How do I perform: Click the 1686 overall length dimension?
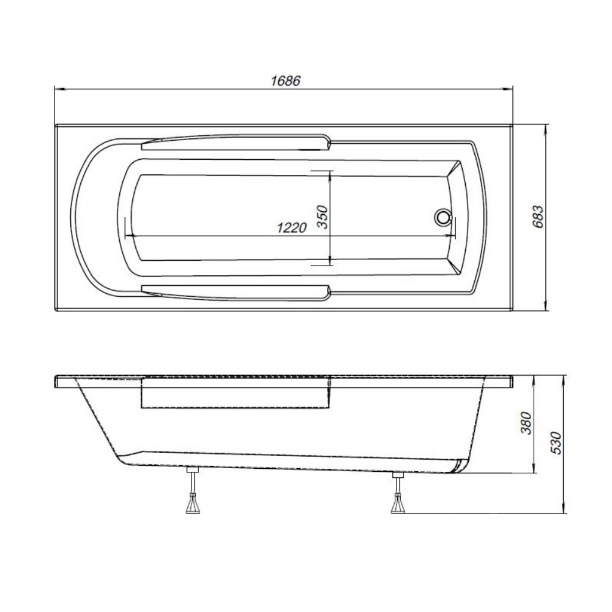[x=286, y=81]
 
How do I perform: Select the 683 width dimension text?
[x=537, y=217]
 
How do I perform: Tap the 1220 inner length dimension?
[x=291, y=227]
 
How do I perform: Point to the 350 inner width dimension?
[x=323, y=217]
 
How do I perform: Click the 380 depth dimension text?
[x=526, y=423]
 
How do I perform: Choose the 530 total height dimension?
[x=556, y=443]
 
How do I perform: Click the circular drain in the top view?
[x=442, y=217]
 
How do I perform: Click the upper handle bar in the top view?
[x=236, y=143]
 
